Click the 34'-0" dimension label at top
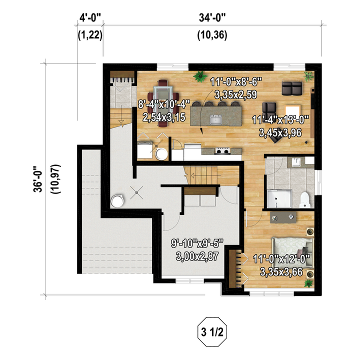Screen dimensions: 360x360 click(x=212, y=18)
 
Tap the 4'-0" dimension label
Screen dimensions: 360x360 click(x=90, y=18)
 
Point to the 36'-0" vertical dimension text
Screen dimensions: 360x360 click(x=38, y=179)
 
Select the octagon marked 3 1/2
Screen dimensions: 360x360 click(x=212, y=332)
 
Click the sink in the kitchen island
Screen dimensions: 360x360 click(x=215, y=119)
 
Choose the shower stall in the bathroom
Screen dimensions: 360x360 click(x=280, y=198)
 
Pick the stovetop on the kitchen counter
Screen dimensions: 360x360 click(x=222, y=151)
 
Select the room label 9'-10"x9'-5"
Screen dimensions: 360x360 click(x=197, y=243)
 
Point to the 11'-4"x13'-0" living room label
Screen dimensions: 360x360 click(x=280, y=119)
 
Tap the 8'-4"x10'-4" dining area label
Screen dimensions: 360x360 click(x=164, y=104)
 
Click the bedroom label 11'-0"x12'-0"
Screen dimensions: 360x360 click(x=281, y=259)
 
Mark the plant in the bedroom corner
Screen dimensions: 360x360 click(x=308, y=283)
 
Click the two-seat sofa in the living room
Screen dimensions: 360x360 click(x=292, y=88)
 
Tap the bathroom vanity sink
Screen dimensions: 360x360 click(x=296, y=162)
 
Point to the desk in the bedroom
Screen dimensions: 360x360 click(x=283, y=217)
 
